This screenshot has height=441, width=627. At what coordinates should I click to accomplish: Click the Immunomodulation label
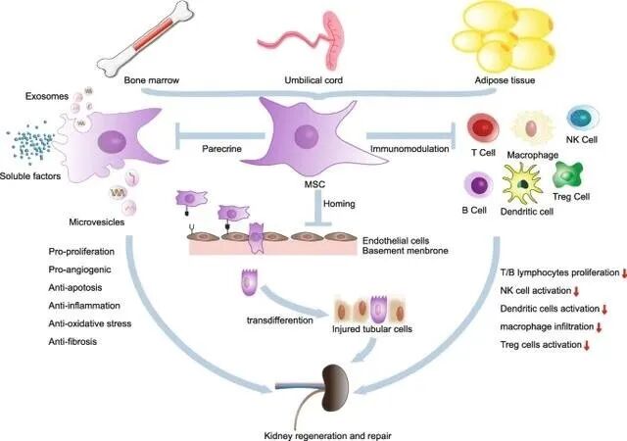click(x=409, y=148)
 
